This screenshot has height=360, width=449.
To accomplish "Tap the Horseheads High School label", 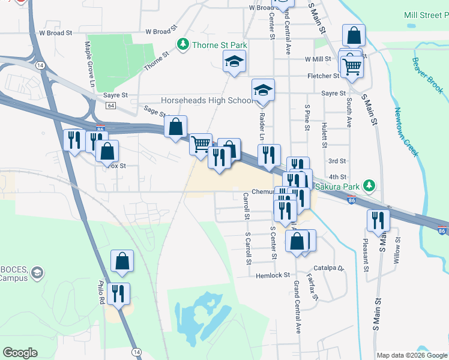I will click(207, 100).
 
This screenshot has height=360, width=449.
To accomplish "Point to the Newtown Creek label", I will click(406, 132).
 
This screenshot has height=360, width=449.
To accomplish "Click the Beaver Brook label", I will click(427, 76).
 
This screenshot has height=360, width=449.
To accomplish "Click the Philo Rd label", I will click(101, 293).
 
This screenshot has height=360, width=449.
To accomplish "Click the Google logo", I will click(20, 353).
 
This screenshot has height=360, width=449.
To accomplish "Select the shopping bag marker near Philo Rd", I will click(122, 260).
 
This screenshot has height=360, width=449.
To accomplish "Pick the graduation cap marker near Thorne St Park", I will click(235, 61).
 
